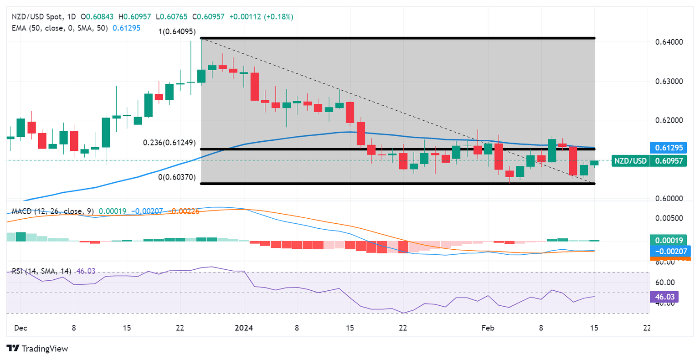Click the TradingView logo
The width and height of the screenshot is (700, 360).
point(37,349)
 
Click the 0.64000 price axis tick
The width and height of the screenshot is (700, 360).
point(669,42)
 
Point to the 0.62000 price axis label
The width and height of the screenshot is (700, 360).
point(669,120)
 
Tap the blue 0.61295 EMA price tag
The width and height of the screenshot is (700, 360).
point(669,148)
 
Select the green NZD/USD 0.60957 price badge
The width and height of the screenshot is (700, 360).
point(649,160)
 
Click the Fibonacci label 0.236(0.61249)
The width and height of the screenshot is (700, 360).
point(169,143)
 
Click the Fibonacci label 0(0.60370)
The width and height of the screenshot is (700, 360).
point(177,177)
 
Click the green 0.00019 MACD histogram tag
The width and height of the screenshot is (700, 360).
point(669,240)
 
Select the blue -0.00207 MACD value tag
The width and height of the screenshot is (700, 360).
point(670,251)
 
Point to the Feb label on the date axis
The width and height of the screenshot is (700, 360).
point(488,328)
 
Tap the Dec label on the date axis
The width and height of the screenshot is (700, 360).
point(21,328)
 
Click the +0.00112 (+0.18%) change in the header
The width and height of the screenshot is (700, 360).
point(261,17)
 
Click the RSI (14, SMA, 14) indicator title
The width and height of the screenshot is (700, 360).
point(41,271)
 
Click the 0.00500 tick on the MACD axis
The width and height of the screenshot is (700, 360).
point(669,218)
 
